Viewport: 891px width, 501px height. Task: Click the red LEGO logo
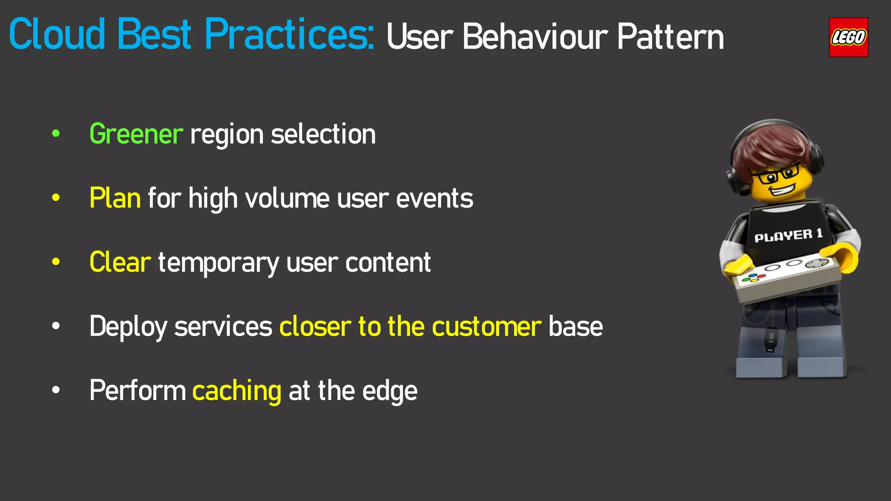pyautogui.click(x=848, y=37)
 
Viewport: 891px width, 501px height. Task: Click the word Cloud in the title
pyautogui.click(x=57, y=34)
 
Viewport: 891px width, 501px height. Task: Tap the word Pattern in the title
pyautogui.click(x=670, y=37)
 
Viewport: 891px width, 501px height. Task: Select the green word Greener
pyautogui.click(x=136, y=134)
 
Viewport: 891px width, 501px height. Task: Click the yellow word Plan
pyautogui.click(x=115, y=198)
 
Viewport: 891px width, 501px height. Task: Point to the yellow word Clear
pyautogui.click(x=120, y=262)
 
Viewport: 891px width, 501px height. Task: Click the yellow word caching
pyautogui.click(x=237, y=391)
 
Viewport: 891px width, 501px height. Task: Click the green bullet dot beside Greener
pyautogui.click(x=56, y=134)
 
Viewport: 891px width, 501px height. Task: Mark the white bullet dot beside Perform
pyautogui.click(x=56, y=390)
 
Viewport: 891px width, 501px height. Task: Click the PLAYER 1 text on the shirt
pyautogui.click(x=788, y=236)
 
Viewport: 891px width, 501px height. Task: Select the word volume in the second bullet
pyautogui.click(x=288, y=198)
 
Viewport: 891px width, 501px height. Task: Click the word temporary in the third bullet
pyautogui.click(x=218, y=263)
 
